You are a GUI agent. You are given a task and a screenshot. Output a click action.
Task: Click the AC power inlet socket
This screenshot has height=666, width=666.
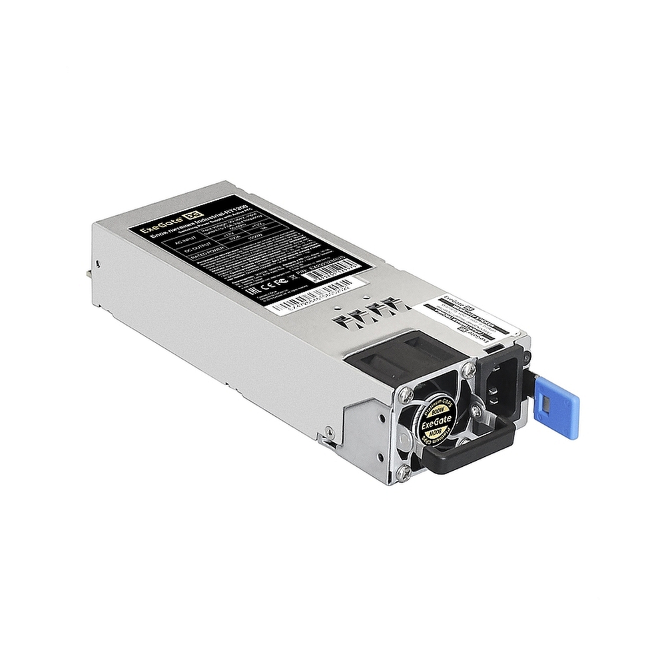click(499, 386)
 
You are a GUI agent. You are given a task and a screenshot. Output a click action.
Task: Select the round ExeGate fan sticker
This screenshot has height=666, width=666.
click(435, 422)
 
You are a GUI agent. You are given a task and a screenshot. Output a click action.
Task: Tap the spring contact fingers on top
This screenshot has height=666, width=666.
click(370, 313)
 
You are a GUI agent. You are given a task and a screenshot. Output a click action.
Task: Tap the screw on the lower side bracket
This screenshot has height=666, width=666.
click(330, 436)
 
